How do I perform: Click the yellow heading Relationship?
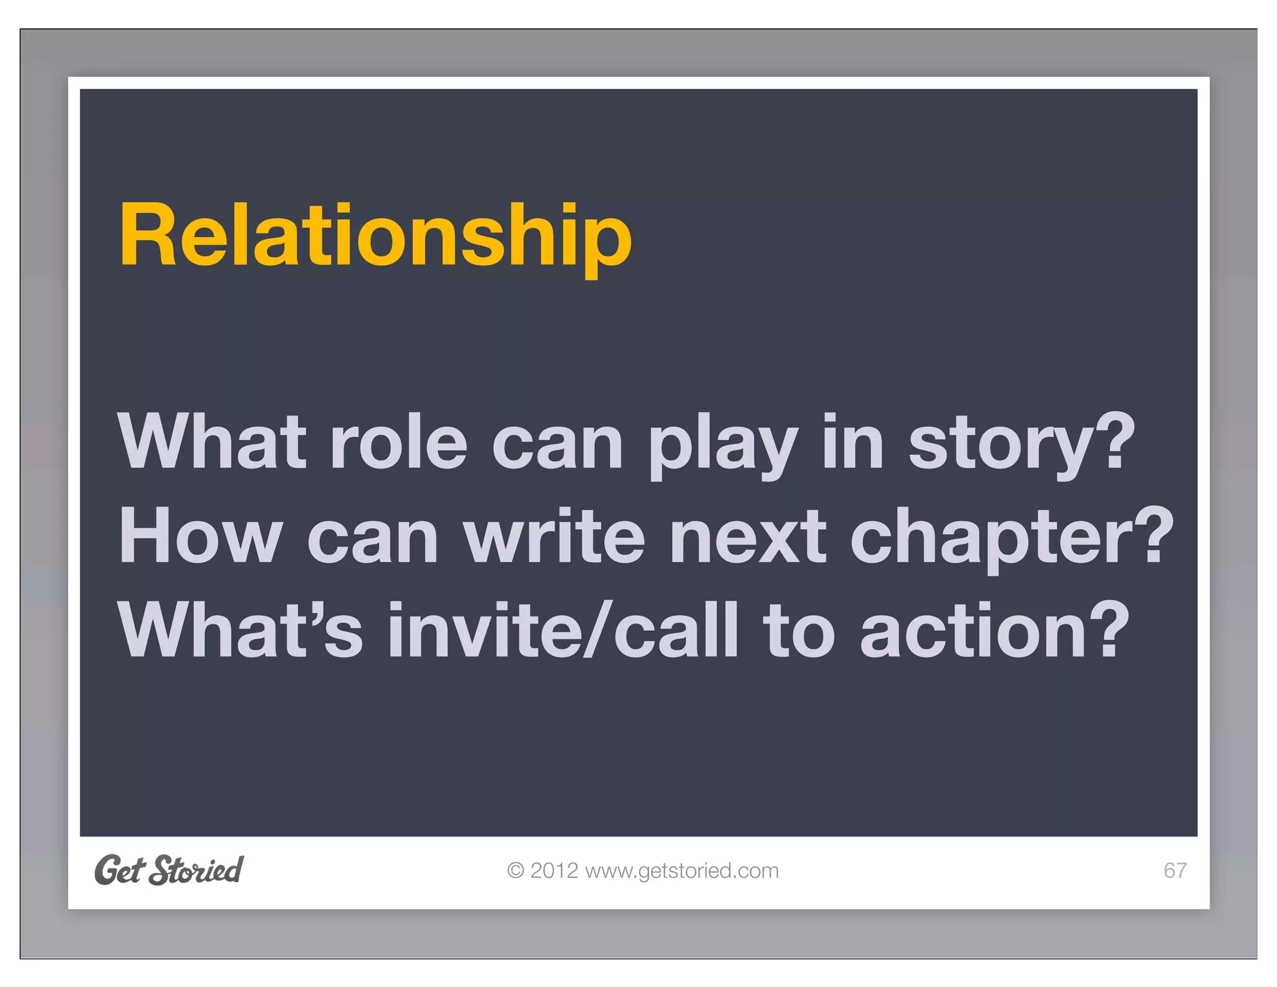[375, 236]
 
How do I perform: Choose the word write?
[554, 536]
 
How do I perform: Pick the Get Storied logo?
[169, 870]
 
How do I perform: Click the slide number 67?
[1175, 870]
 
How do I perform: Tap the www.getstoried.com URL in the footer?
[682, 870]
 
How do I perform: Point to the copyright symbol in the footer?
[516, 870]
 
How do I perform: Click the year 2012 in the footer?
[554, 870]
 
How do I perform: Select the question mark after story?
[1115, 440]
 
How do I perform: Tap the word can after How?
[373, 538]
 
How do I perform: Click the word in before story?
[853, 442]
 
